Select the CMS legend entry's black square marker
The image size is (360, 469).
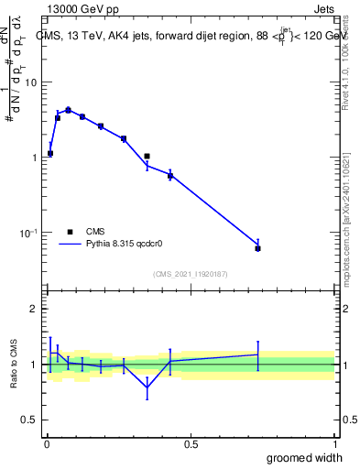point(69,233)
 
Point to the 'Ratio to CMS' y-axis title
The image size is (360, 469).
point(13,364)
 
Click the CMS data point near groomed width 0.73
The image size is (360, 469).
point(257,248)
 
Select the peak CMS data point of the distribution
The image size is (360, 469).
point(68,110)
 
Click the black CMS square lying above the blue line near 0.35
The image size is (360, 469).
point(147,157)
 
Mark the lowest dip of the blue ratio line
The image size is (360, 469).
point(147,387)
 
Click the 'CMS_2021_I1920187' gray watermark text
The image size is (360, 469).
point(190,274)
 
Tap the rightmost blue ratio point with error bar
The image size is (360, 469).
point(257,354)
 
